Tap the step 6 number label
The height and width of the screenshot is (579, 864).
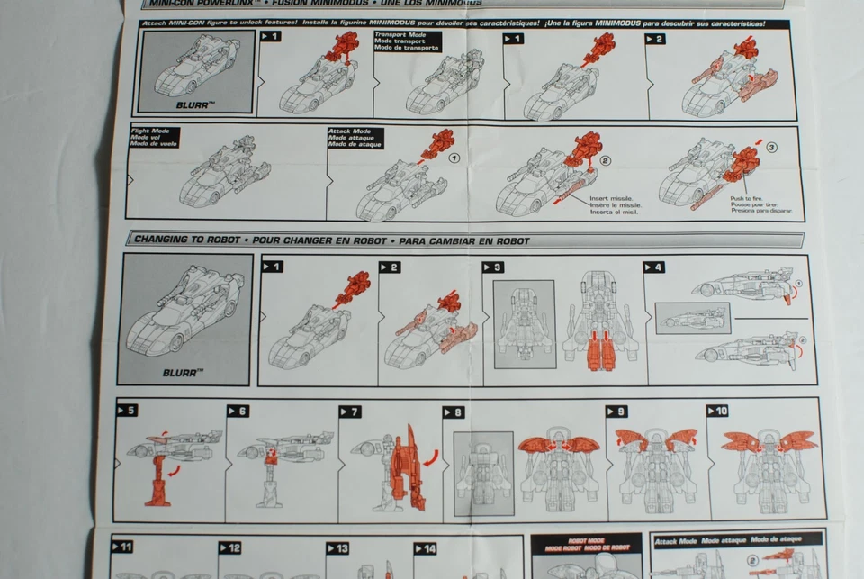point(238,411)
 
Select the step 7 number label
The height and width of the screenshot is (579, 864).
point(349,412)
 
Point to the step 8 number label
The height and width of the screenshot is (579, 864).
point(453,412)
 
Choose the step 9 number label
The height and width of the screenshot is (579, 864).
point(616,411)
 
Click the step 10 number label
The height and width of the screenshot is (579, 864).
point(717,411)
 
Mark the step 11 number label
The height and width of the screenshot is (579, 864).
point(123,547)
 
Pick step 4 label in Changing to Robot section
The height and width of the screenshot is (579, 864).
point(654,267)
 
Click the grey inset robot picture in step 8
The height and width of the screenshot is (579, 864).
point(483,474)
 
